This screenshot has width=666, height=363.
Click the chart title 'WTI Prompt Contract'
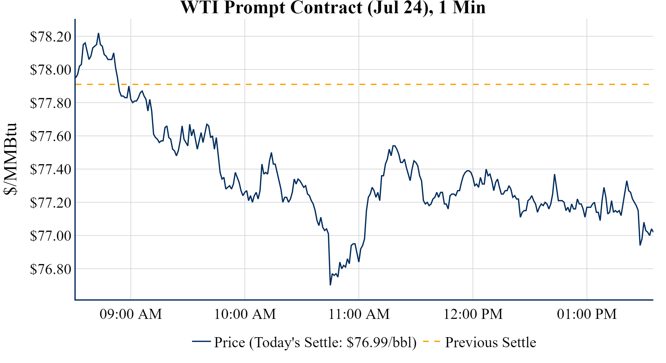333,8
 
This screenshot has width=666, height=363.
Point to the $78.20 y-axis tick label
50,37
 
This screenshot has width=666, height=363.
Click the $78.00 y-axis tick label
50,70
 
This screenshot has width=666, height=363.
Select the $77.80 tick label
50,103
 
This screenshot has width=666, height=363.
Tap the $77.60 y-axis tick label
50,136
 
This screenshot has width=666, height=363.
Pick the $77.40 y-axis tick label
50,169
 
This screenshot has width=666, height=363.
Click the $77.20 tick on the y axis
50,203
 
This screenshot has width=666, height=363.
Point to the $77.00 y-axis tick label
50,236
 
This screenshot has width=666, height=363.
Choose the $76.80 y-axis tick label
50,269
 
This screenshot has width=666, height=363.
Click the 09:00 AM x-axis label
131,314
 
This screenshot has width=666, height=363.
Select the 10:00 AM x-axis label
245,314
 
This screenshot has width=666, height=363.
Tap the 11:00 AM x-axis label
359,314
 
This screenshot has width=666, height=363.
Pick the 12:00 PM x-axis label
473,314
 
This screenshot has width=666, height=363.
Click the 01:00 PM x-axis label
587,314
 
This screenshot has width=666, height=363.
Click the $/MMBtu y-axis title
10,159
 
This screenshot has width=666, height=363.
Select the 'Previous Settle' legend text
490,343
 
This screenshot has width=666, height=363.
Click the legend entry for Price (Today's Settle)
315,343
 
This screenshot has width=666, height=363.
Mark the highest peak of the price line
98,33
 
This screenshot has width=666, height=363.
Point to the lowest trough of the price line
330,285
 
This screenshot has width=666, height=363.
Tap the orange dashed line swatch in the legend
431,342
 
